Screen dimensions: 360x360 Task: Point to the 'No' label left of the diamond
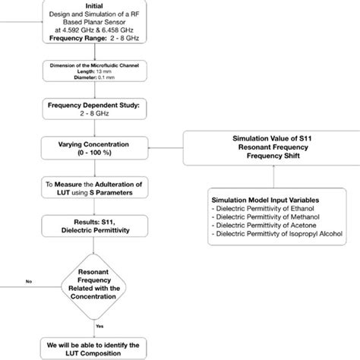pos(29,280)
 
